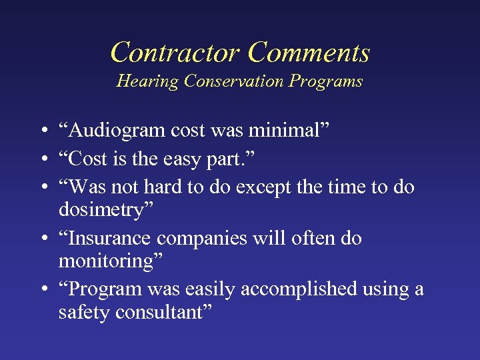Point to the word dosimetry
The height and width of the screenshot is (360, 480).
click(x=106, y=210)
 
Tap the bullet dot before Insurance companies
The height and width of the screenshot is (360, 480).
click(x=42, y=239)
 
